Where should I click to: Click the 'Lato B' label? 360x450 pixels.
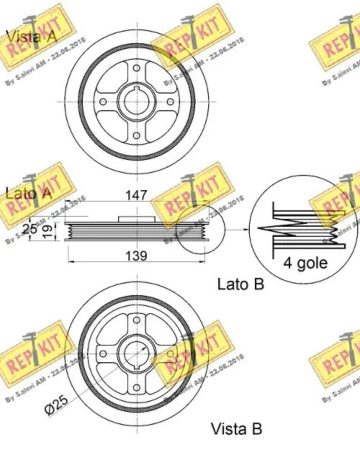[240, 284]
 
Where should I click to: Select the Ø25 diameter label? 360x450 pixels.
[58, 408]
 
